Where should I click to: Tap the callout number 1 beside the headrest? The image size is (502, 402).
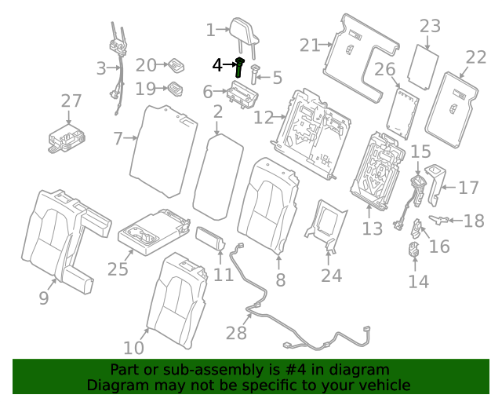tap(210, 31)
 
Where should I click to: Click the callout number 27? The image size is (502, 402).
tap(71, 100)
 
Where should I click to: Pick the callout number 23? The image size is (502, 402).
tap(430, 26)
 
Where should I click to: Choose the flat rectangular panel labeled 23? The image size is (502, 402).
tap(428, 64)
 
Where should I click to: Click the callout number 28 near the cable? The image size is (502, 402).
tap(236, 334)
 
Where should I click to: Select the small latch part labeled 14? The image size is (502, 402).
tap(414, 252)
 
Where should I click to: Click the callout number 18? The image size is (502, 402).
tap(475, 221)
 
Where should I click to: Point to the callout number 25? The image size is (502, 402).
tap(118, 269)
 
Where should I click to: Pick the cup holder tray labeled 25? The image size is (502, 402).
tap(153, 231)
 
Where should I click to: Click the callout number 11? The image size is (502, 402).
tap(224, 275)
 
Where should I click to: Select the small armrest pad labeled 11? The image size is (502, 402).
tap(211, 238)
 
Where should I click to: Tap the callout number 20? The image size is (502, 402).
tap(146, 65)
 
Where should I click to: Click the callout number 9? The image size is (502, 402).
tap(44, 298)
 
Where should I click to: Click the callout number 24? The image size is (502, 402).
tap(332, 276)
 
